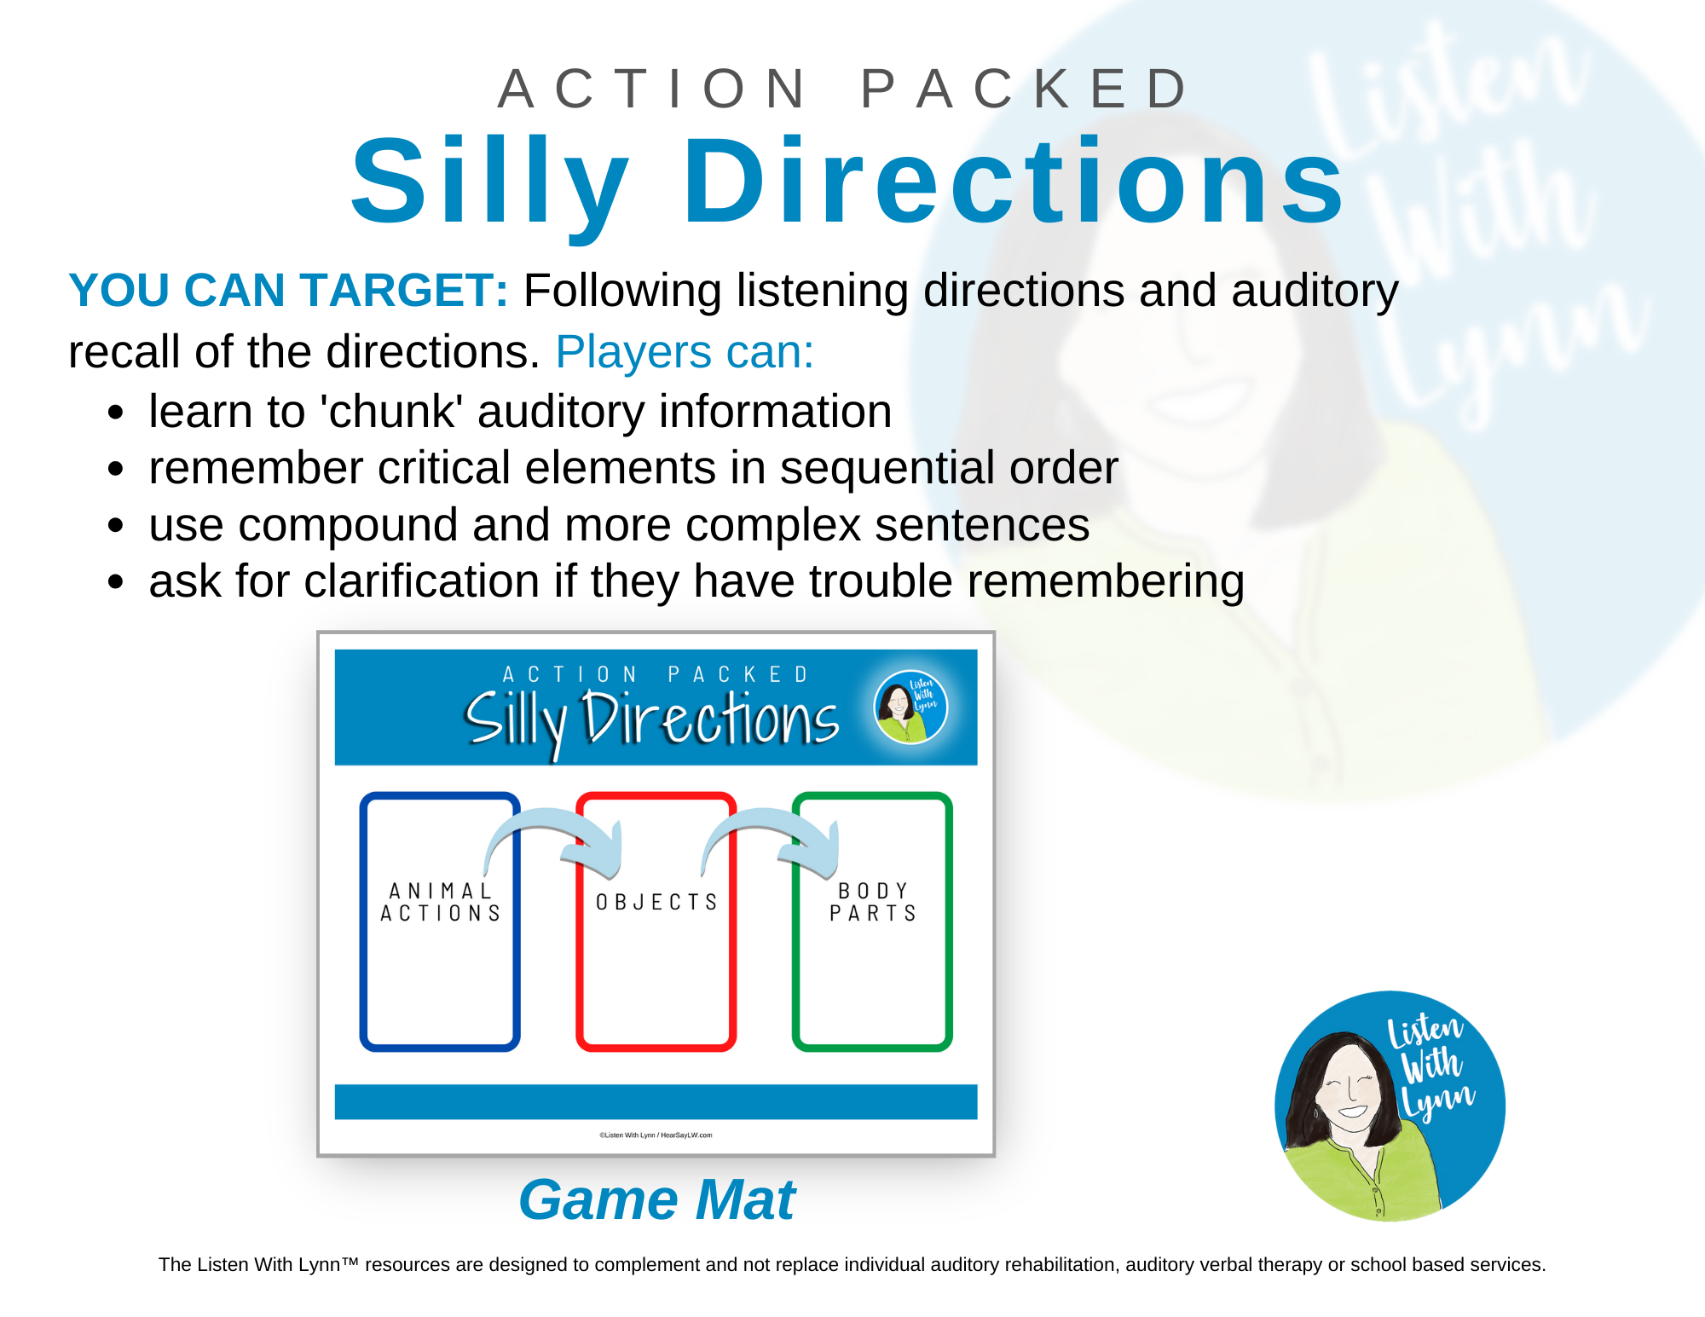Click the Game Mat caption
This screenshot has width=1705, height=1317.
click(x=656, y=1199)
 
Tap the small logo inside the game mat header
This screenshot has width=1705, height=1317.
click(x=910, y=707)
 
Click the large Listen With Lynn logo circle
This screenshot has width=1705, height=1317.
click(x=1390, y=1106)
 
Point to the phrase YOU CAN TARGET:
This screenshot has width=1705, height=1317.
click(x=288, y=291)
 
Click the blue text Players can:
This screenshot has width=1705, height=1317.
click(x=685, y=352)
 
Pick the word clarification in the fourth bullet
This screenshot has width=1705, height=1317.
click(x=421, y=581)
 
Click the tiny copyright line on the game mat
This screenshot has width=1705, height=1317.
click(x=656, y=1135)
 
